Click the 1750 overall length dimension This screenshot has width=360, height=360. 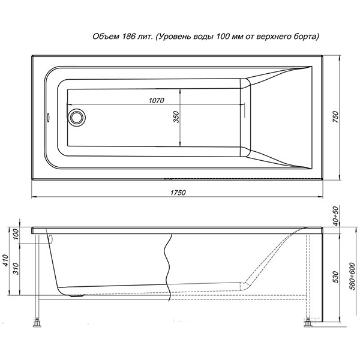click(178, 193)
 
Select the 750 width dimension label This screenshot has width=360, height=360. click(335, 116)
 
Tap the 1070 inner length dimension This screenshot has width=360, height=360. click(157, 100)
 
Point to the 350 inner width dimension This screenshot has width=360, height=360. click(176, 117)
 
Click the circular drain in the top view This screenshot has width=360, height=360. click(76, 118)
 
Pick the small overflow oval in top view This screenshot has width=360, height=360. click(49, 118)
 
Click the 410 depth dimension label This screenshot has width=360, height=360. click(5, 260)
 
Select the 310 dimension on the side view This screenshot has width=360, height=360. click(16, 269)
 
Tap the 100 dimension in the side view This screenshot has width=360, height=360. click(16, 234)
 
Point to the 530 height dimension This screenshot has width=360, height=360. click(335, 277)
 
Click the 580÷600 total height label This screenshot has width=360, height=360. click(353, 277)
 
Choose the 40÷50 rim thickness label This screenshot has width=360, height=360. click(335, 216)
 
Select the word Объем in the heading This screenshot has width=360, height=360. click(106, 37)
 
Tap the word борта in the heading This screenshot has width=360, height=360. click(305, 37)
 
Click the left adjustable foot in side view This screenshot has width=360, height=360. click(37, 323)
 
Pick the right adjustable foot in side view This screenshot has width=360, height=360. click(308, 323)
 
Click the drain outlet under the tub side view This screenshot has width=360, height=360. click(77, 296)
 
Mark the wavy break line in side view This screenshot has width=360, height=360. click(168, 267)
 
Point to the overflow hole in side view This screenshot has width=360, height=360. click(51, 239)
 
